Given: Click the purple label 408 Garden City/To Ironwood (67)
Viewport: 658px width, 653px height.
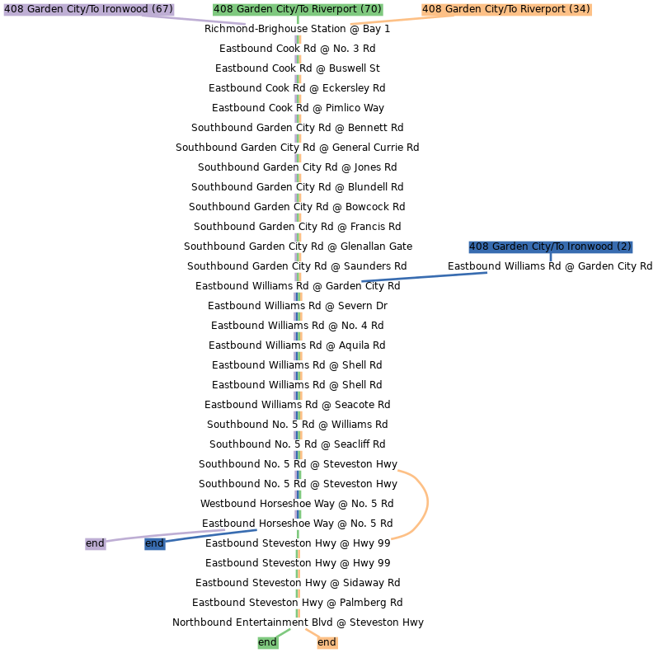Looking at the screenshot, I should (x=88, y=9).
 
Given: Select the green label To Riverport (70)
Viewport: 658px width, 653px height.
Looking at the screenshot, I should (x=298, y=9).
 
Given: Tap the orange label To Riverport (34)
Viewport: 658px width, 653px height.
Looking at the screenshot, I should (x=506, y=9).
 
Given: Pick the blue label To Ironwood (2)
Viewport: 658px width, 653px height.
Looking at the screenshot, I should (x=550, y=247).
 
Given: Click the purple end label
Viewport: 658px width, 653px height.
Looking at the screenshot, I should (x=95, y=544).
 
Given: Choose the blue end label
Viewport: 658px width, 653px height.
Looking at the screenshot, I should (x=154, y=544).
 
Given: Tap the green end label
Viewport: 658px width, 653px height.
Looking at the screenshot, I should (x=267, y=642).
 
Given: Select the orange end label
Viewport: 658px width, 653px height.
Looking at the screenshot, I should (x=327, y=642).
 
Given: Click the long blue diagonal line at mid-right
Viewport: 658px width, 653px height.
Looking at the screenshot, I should (x=424, y=277).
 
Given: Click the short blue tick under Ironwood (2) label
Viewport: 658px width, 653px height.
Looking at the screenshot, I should (x=550, y=258).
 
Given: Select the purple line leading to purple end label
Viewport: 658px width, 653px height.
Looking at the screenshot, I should (x=165, y=535).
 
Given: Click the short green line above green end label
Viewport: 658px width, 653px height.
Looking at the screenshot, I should (x=283, y=632).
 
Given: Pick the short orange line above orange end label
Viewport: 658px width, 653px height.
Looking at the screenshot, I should (x=311, y=632).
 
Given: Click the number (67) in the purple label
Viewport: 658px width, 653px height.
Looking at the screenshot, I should (x=162, y=9).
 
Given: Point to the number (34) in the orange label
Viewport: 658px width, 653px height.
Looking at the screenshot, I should (x=580, y=9).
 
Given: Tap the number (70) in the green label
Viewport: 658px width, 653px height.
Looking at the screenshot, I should (x=371, y=9).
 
